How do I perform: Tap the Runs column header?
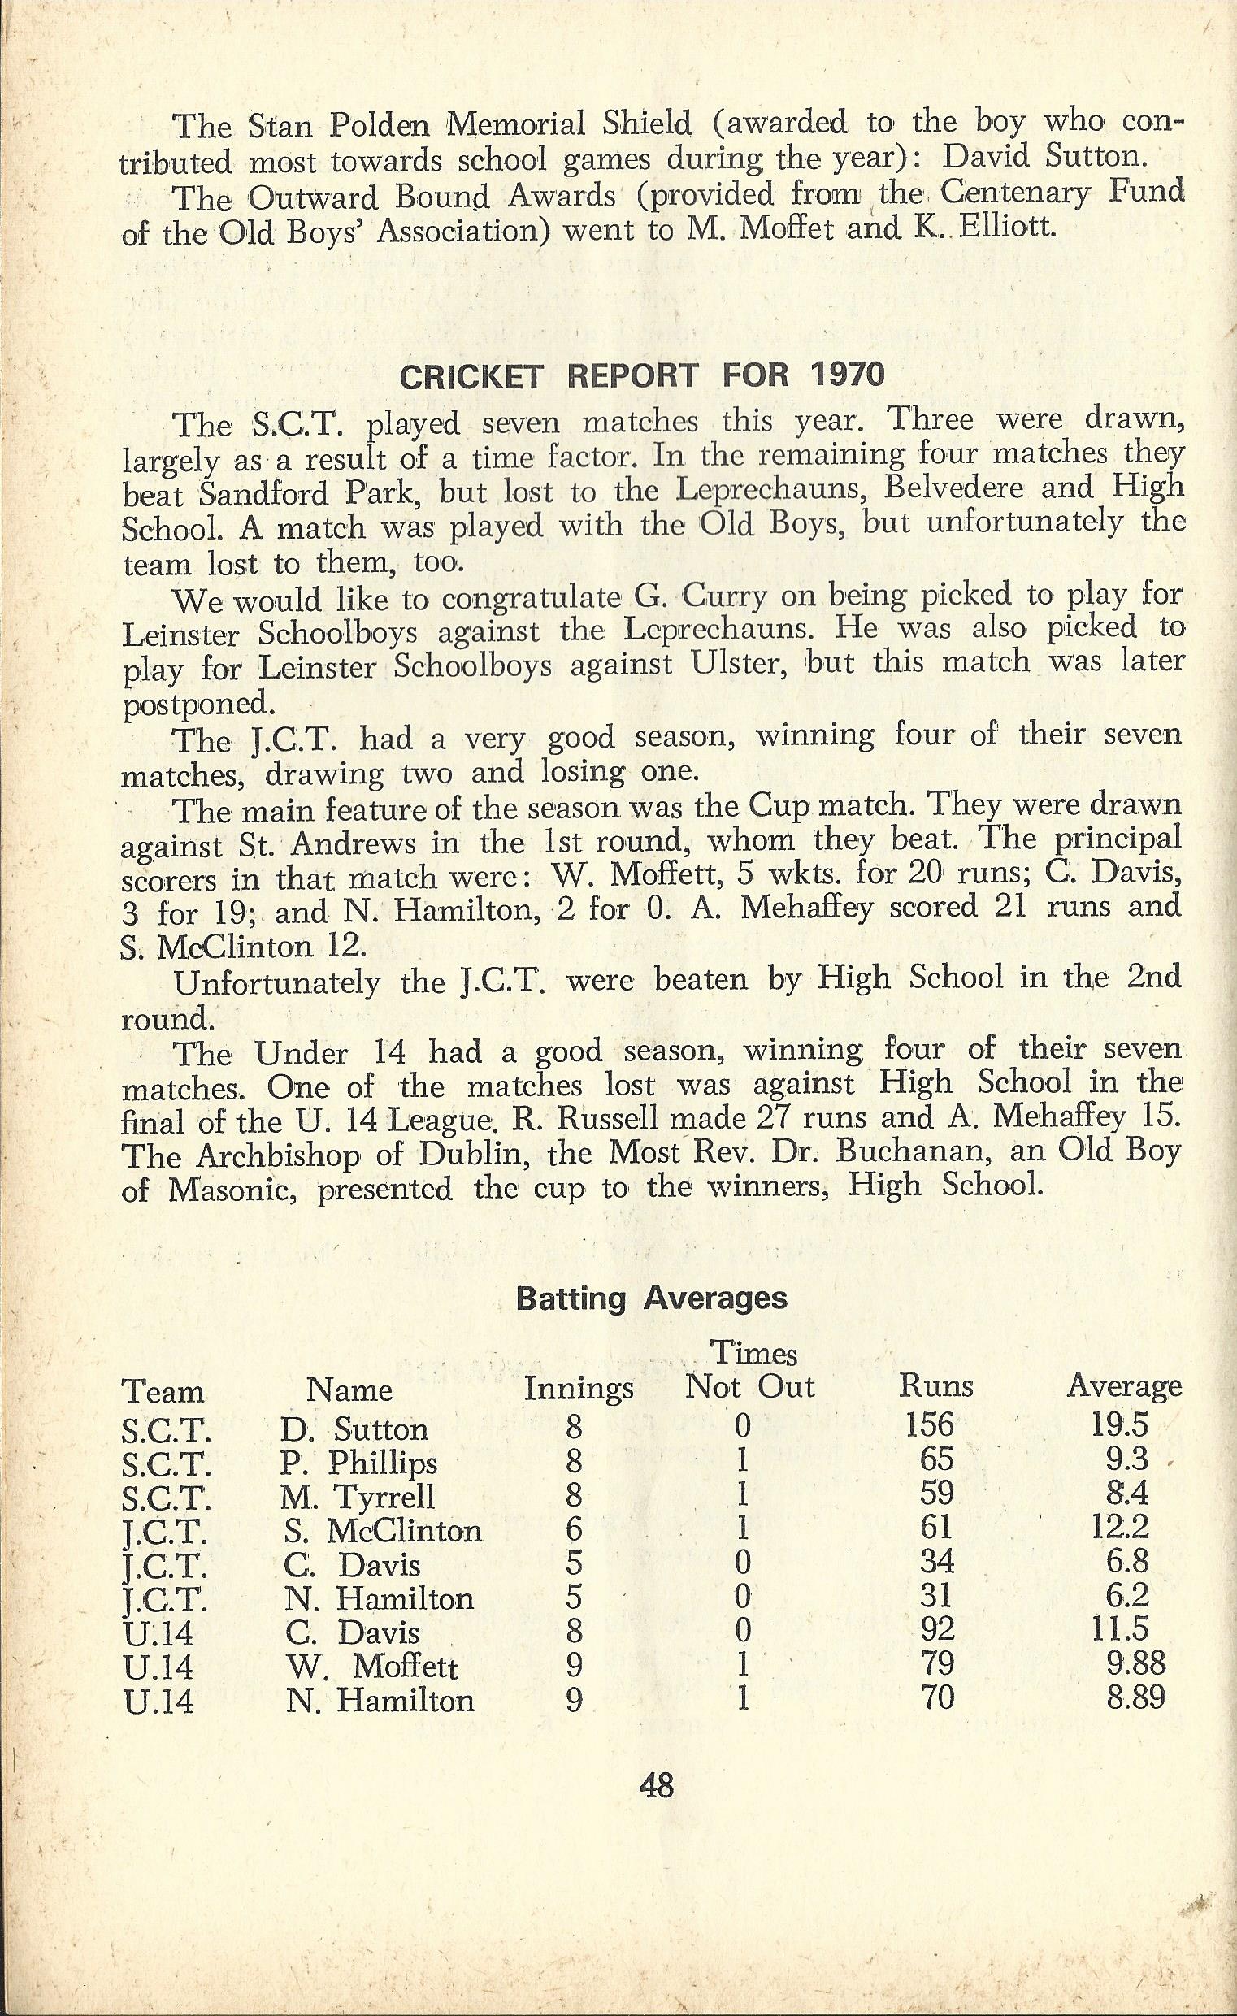[937, 1385]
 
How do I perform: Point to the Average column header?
[1124, 1385]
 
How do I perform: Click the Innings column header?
[579, 1388]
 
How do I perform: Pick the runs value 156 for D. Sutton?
[931, 1425]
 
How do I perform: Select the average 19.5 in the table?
[1119, 1425]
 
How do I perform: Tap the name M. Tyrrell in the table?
[358, 1497]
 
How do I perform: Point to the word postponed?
[195, 703]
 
